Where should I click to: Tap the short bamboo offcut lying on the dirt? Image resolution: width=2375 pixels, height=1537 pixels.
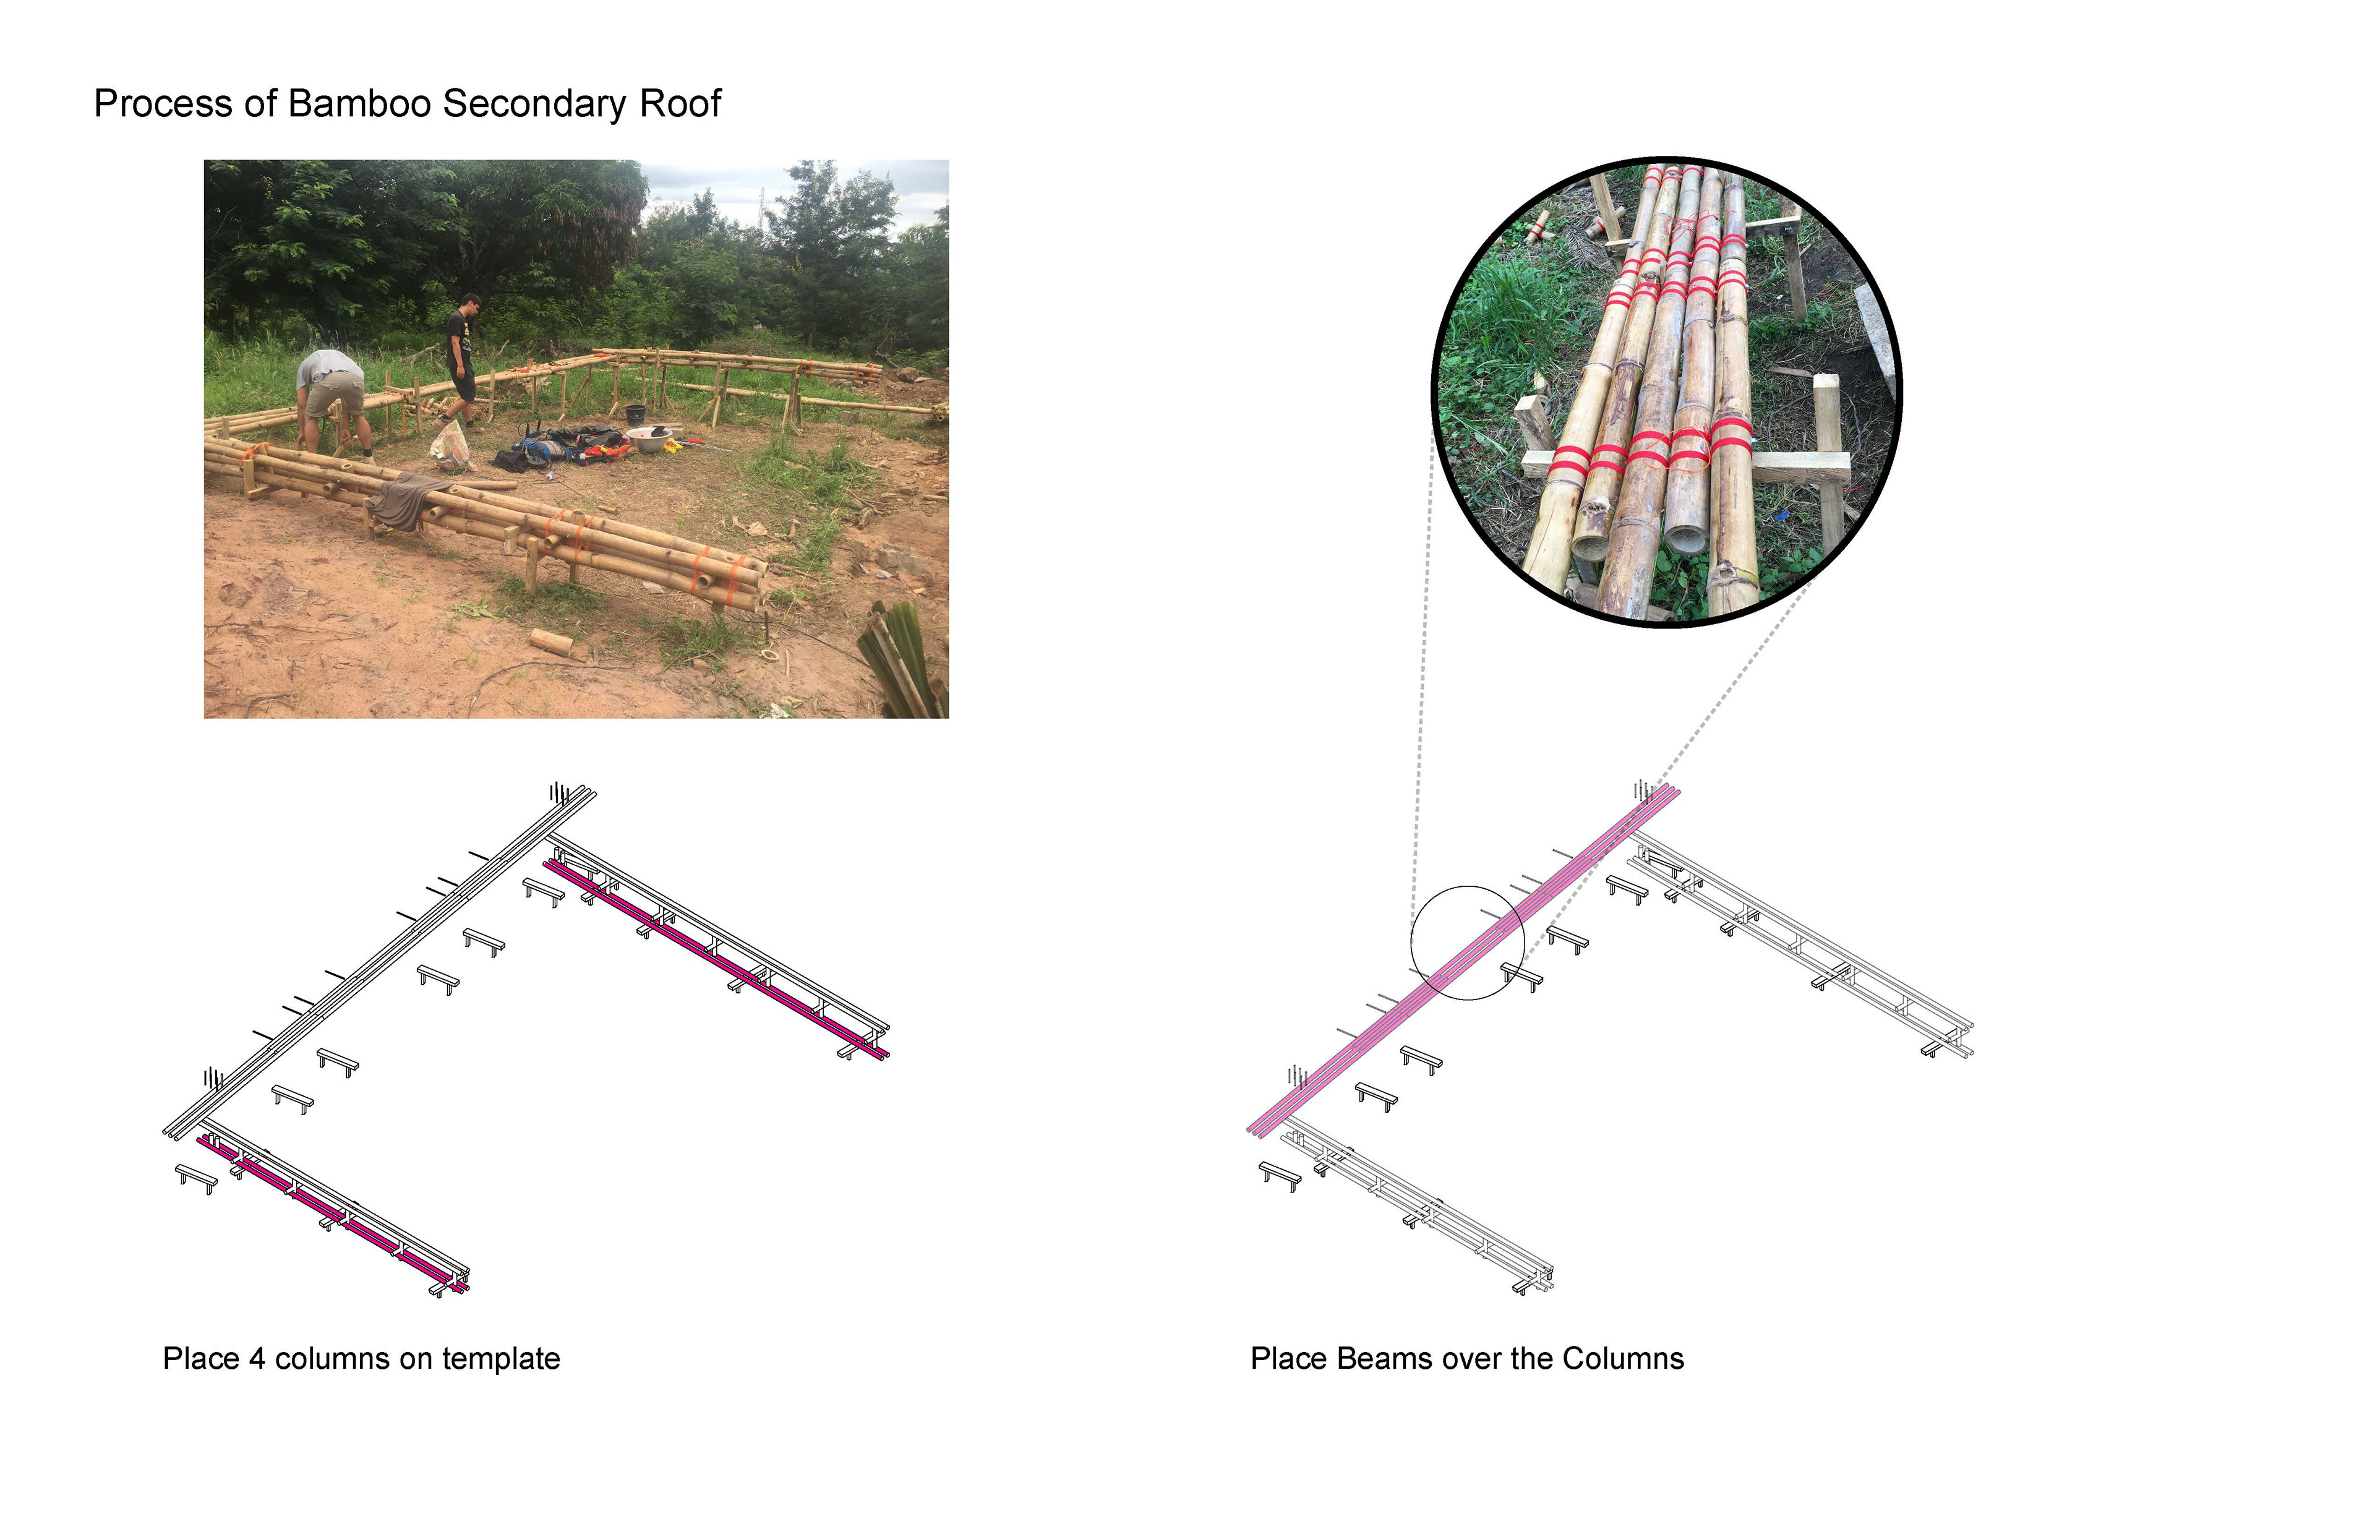[550, 642]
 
